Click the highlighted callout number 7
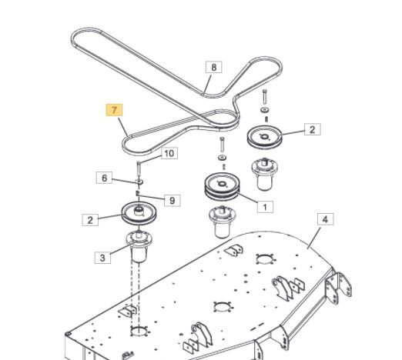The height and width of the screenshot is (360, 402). [114, 110]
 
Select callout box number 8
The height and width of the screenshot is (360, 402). [214, 67]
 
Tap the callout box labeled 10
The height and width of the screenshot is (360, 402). [169, 153]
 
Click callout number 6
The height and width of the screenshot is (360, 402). [104, 178]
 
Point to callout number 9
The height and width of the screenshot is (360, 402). [173, 200]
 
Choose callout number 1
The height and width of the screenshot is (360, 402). [265, 206]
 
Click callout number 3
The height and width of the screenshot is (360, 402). [102, 258]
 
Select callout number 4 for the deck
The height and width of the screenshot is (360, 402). [326, 219]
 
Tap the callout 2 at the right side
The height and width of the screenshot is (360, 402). [313, 129]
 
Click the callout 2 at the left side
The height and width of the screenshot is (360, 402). [90, 220]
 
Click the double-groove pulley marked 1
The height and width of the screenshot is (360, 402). [223, 187]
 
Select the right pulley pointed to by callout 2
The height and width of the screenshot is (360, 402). [265, 137]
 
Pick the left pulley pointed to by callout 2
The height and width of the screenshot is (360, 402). [139, 213]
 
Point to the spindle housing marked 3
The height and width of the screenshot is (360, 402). [139, 246]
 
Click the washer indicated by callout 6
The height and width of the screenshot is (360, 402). [139, 182]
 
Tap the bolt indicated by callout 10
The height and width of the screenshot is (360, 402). [139, 168]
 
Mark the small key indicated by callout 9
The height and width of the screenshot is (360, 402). [138, 193]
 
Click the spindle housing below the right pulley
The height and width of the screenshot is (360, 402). [265, 175]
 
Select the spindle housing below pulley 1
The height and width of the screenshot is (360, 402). [223, 222]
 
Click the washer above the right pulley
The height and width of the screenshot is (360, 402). [265, 110]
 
